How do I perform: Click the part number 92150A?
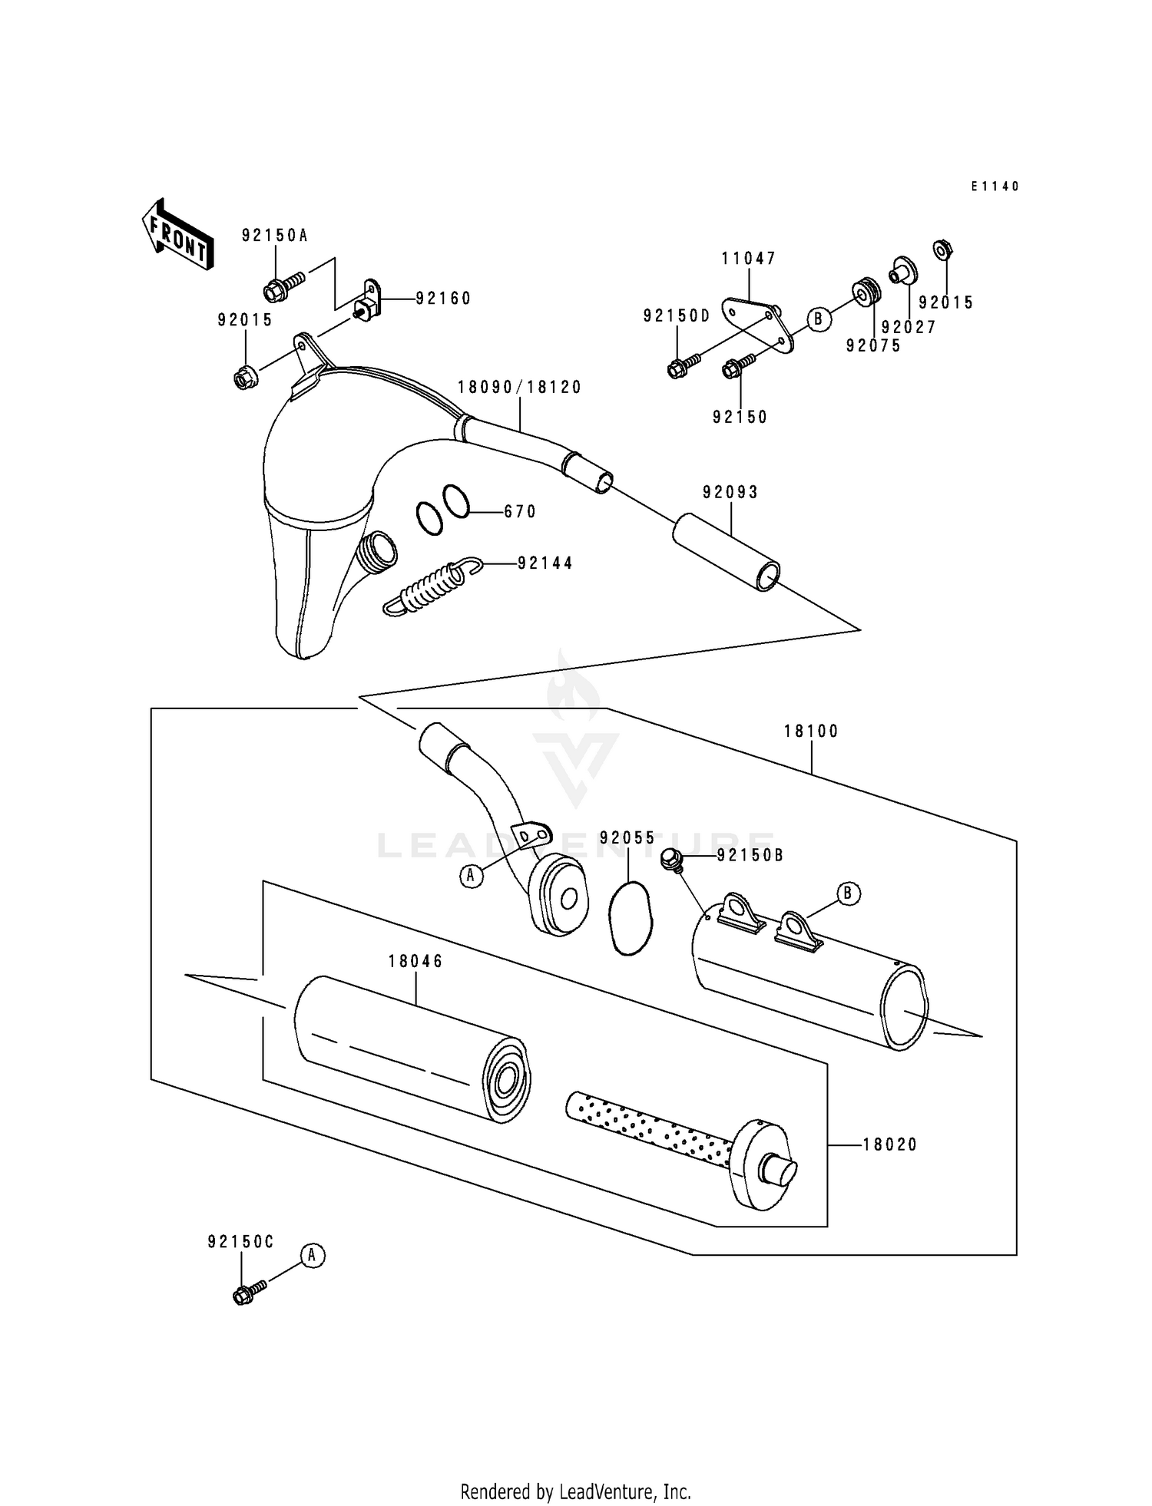tap(274, 236)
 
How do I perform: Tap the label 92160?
tap(443, 299)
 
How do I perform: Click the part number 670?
tap(520, 512)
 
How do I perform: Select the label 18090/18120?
tap(520, 388)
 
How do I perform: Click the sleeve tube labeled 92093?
tap(727, 551)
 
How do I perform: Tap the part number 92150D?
tap(677, 315)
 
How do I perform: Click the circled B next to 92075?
tap(819, 318)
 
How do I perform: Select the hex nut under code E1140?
tap(942, 249)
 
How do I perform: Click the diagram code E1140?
tap(995, 187)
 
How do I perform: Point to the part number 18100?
tap(811, 732)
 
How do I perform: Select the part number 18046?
tap(415, 961)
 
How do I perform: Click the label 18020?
tap(890, 1144)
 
